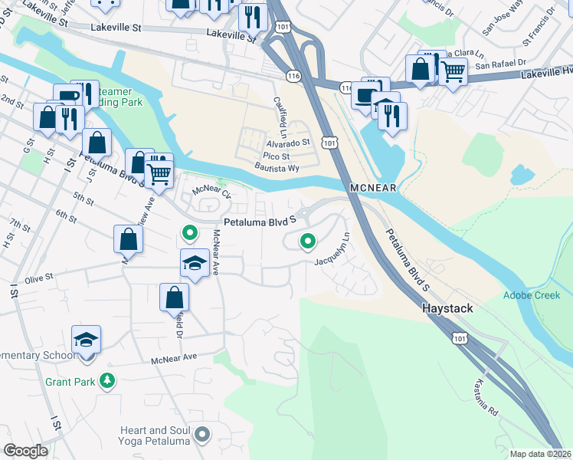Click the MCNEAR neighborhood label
(375, 188)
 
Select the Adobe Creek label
(531, 295)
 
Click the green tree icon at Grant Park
(109, 380)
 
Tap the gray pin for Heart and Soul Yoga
(202, 435)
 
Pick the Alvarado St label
(288, 142)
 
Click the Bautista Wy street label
(275, 167)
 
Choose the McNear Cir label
(211, 190)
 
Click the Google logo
(25, 451)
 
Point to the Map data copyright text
(541, 454)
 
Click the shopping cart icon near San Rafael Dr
(453, 72)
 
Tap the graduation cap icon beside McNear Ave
(195, 264)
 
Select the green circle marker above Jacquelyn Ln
(308, 242)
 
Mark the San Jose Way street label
(502, 25)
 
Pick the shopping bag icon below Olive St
(175, 297)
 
